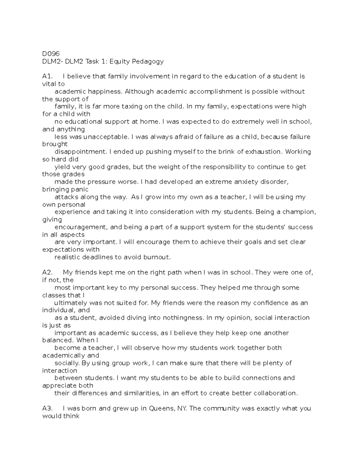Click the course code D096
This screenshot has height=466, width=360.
pos(51,54)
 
